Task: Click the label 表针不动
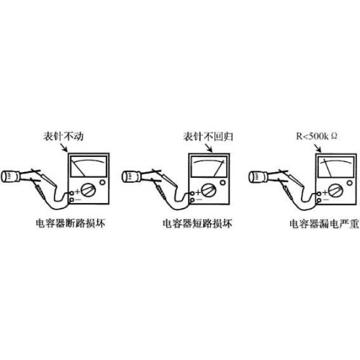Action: click(x=63, y=136)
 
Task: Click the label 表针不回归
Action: click(x=208, y=136)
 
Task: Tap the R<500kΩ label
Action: click(x=317, y=136)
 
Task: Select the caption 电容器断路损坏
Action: click(x=71, y=223)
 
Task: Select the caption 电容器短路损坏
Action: click(x=197, y=223)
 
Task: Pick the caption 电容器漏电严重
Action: click(x=324, y=224)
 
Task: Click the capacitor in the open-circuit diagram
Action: click(x=11, y=176)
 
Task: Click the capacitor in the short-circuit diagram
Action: click(x=132, y=176)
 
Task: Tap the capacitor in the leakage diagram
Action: click(x=258, y=177)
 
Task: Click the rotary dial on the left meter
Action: click(x=88, y=190)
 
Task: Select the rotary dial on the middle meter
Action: click(x=209, y=190)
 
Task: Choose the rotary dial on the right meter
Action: click(x=336, y=191)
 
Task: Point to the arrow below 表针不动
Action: click(x=64, y=147)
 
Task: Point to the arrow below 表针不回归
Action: click(x=208, y=148)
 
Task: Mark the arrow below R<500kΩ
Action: click(x=318, y=148)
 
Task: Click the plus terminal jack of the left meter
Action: click(x=71, y=193)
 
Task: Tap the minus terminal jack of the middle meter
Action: click(x=192, y=199)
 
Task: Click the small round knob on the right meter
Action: click(x=350, y=183)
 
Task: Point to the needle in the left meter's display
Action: click(x=78, y=168)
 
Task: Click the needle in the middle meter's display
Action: click(x=219, y=168)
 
